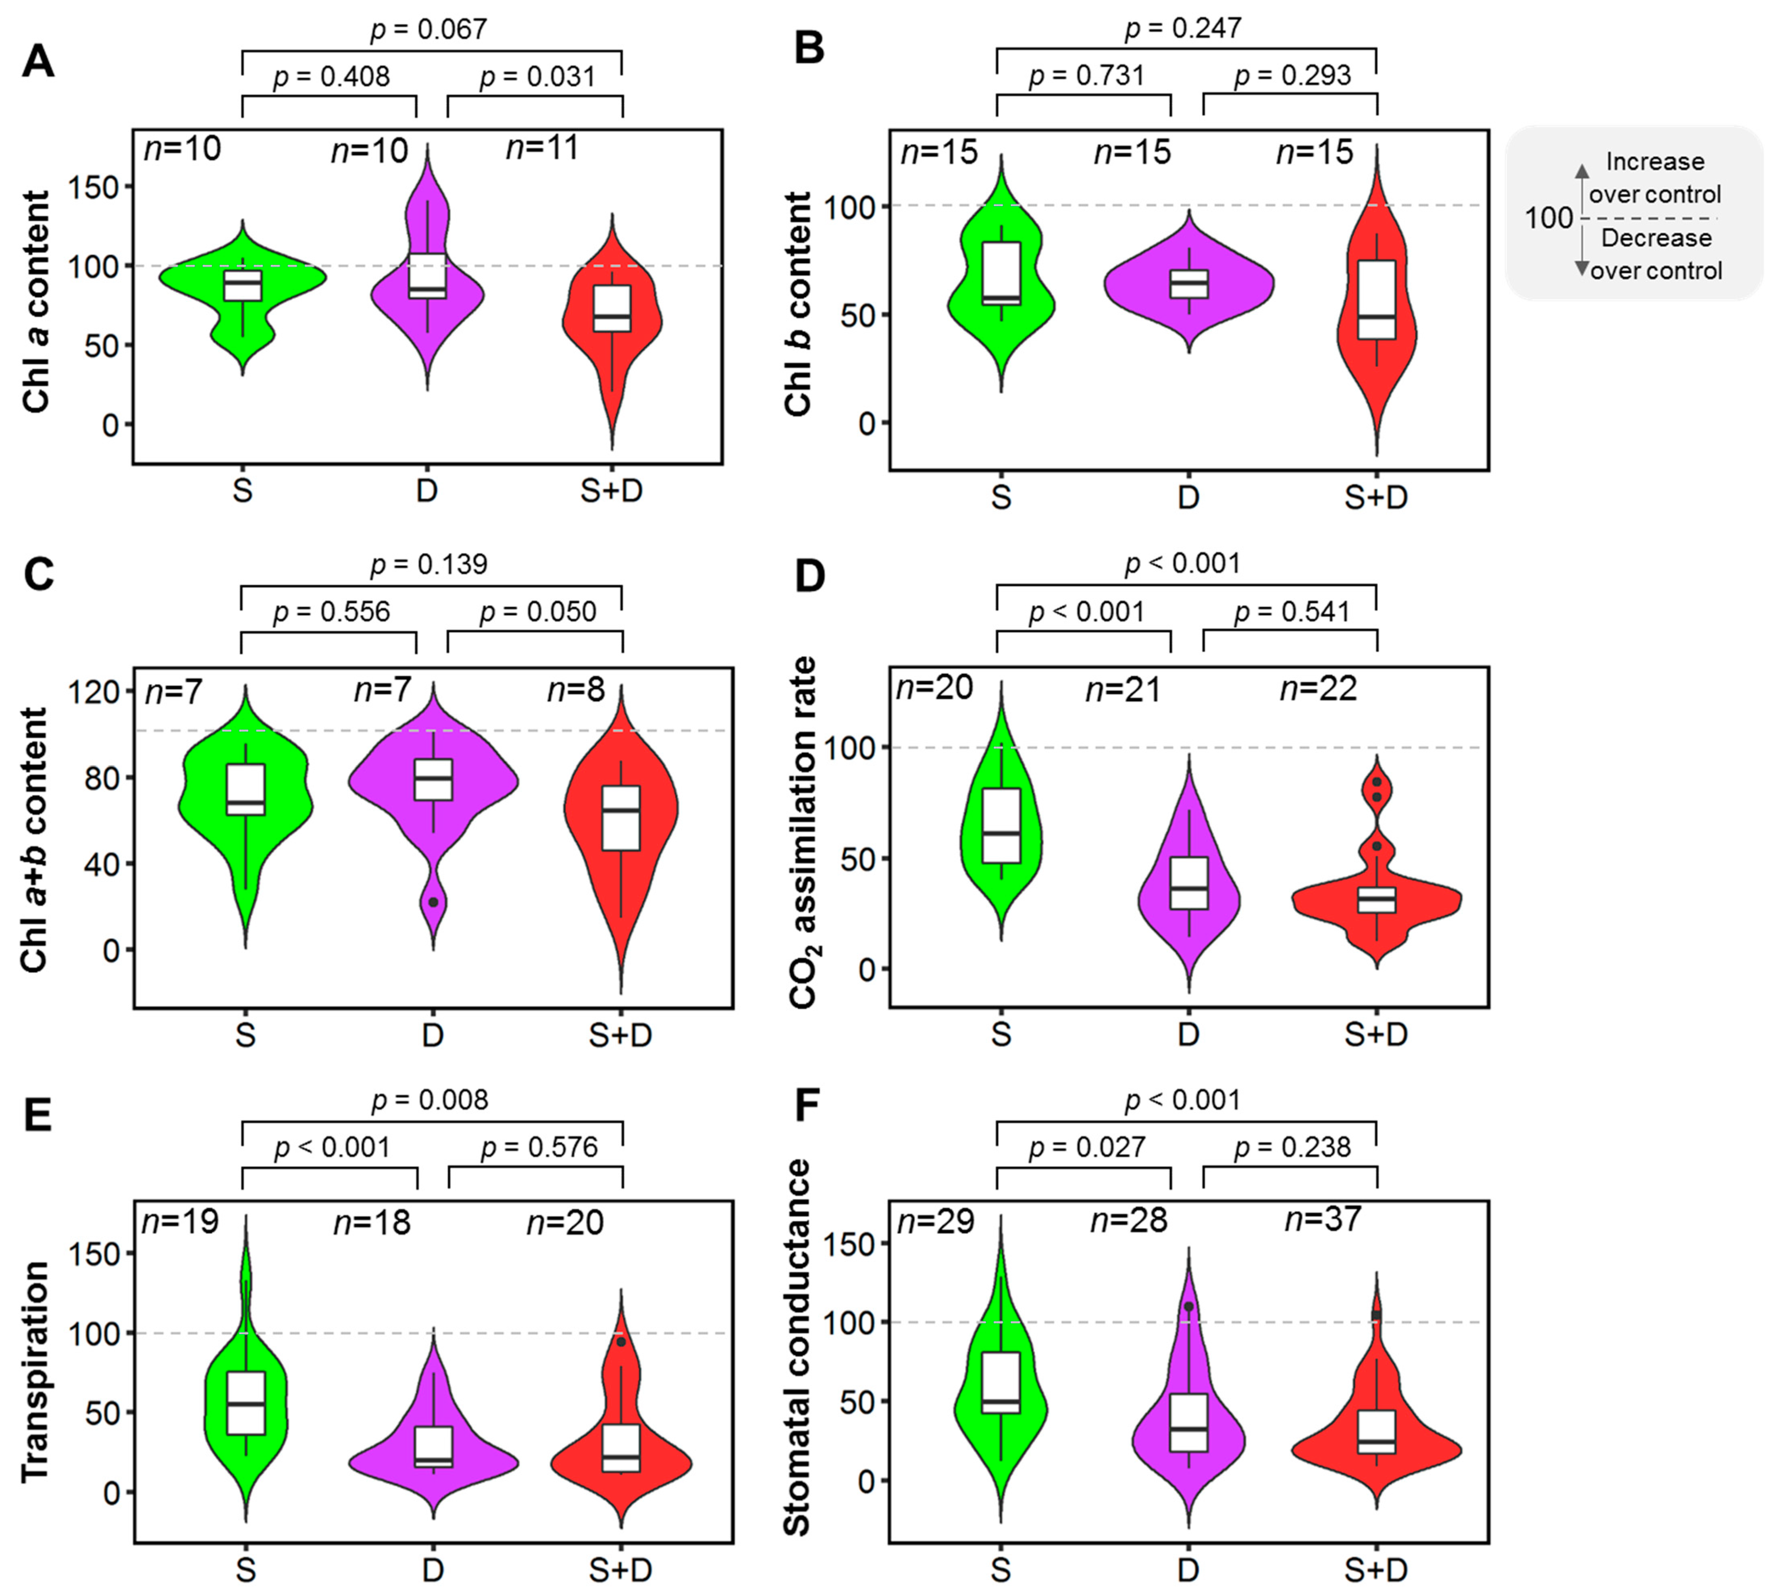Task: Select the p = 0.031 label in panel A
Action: click(537, 77)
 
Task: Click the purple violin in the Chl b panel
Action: click(1189, 283)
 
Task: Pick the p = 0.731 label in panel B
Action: click(1086, 75)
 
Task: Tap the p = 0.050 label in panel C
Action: click(537, 611)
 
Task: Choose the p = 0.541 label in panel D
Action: click(1292, 611)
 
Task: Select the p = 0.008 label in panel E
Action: click(429, 1100)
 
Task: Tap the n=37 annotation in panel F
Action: click(1323, 1219)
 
